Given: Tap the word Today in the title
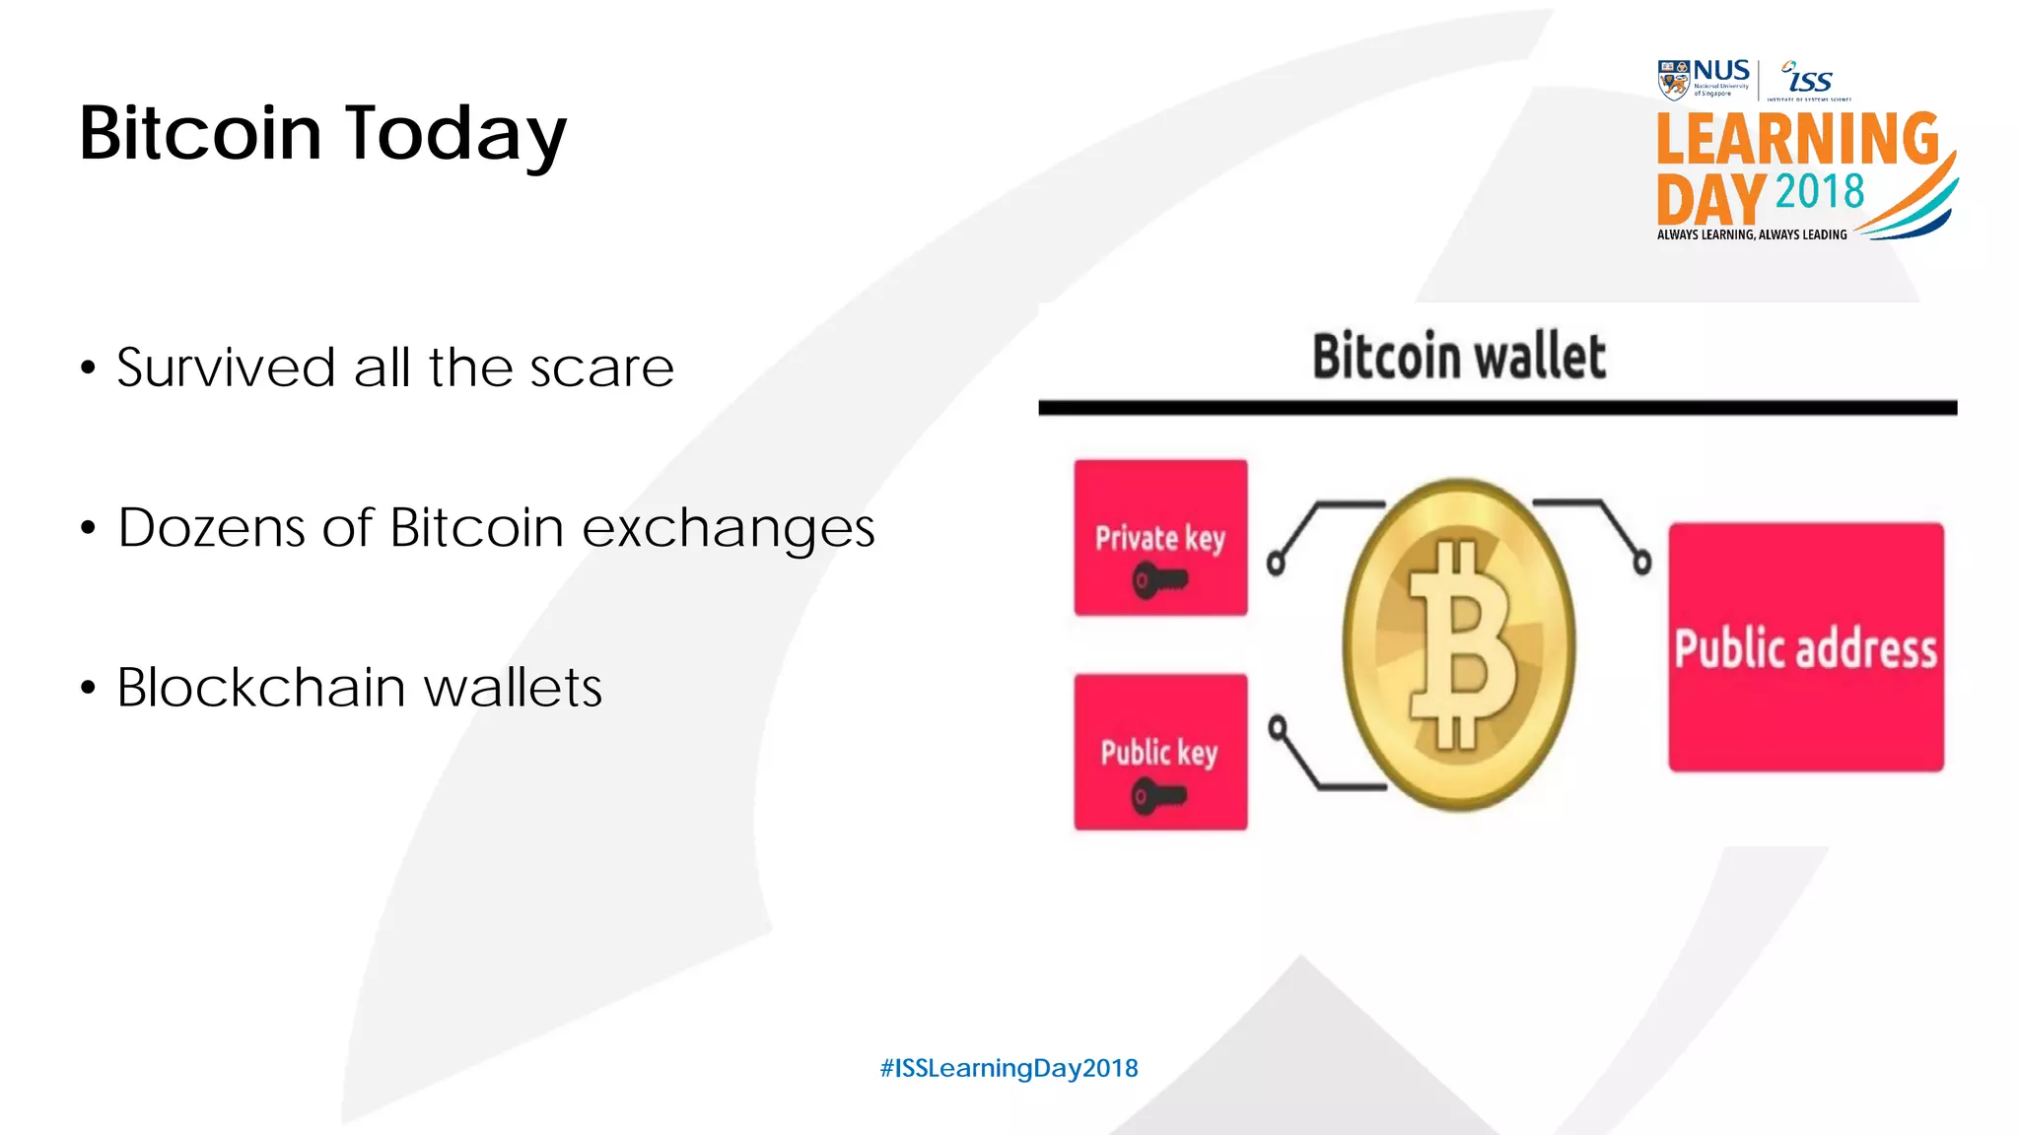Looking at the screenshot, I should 455,135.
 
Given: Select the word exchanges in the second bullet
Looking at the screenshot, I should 728,528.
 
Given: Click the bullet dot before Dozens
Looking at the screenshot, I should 89,529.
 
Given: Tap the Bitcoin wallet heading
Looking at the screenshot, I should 1459,357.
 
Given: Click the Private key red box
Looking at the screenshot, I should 1160,537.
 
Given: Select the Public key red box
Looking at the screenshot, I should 1160,752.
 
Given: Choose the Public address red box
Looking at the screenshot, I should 1805,647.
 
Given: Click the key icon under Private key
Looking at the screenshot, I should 1158,580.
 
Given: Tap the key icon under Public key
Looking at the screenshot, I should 1158,795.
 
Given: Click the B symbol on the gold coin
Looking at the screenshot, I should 1461,645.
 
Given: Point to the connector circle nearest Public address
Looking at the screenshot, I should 1641,563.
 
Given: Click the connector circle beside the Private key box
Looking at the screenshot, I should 1276,564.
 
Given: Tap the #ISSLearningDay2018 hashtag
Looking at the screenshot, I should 1009,1068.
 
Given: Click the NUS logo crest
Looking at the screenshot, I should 1673,80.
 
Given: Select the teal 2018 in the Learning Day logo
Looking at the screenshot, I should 1820,191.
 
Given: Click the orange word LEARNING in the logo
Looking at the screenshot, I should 1797,139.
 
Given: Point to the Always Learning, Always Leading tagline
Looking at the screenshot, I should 1752,234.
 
